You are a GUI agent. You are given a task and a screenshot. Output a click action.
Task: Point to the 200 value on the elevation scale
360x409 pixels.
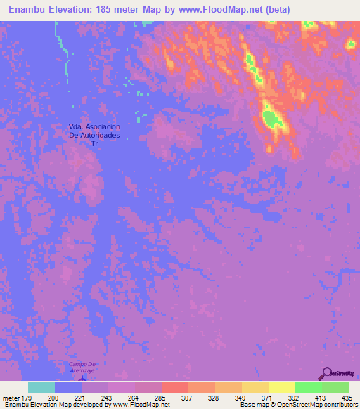(53, 398)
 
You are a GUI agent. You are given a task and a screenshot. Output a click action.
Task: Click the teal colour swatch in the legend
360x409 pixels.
(41, 387)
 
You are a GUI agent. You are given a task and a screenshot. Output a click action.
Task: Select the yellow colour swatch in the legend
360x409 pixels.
(281, 387)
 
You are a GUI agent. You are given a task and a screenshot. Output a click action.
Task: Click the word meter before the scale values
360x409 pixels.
(10, 398)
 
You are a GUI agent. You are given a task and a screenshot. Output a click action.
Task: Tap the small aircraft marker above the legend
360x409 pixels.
(83, 377)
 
